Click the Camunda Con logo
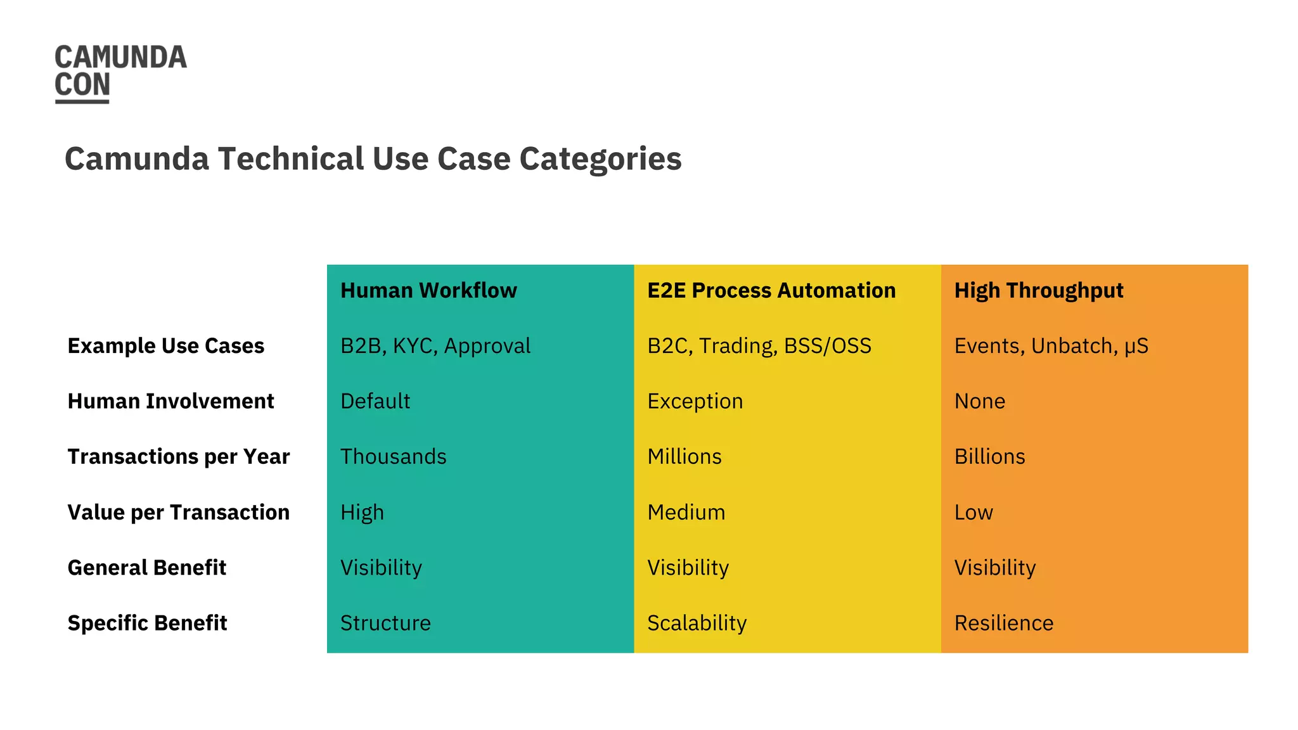(x=120, y=72)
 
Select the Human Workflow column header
(x=428, y=290)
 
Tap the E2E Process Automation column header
(x=771, y=290)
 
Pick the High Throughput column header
(x=1039, y=290)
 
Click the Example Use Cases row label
(x=165, y=346)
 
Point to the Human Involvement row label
(x=170, y=401)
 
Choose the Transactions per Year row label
(x=178, y=456)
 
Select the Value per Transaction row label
(x=178, y=512)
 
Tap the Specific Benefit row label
(x=147, y=623)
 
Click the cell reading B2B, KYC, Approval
(x=435, y=346)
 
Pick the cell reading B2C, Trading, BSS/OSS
(x=759, y=346)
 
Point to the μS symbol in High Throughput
(x=1136, y=347)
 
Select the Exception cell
(x=695, y=401)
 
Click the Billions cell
(x=989, y=456)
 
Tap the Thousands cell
(x=393, y=456)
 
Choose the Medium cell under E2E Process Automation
(x=686, y=512)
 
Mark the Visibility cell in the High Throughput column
(x=995, y=568)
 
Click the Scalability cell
(x=697, y=623)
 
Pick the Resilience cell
(x=1004, y=623)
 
